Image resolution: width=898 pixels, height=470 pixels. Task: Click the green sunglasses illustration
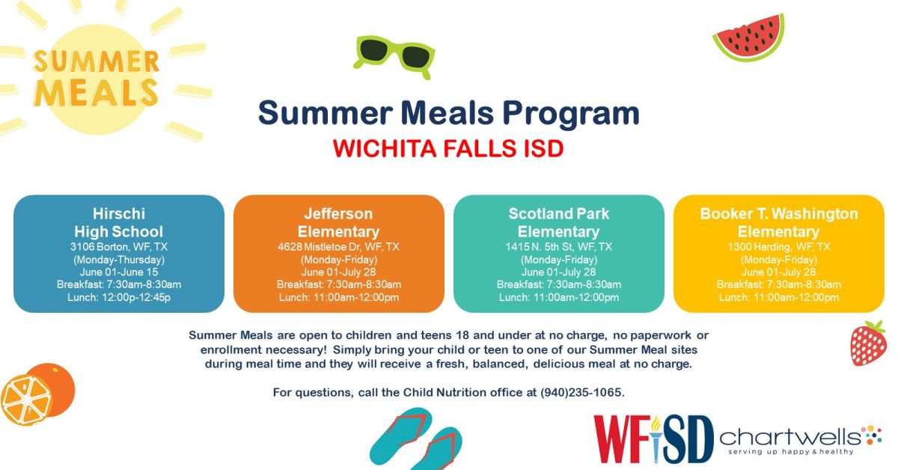click(394, 56)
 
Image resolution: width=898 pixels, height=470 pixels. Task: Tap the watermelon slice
click(748, 37)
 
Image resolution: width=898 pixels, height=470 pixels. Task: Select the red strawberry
click(868, 344)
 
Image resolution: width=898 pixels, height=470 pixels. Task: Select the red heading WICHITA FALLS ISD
click(448, 147)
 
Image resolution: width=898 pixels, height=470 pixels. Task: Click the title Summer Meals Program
click(448, 113)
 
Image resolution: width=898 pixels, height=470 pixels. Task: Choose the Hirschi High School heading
click(118, 222)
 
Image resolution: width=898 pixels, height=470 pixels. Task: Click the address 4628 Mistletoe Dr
click(338, 246)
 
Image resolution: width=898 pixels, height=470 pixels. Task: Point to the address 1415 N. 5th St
click(558, 246)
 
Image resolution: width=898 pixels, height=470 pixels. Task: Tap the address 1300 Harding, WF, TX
click(778, 246)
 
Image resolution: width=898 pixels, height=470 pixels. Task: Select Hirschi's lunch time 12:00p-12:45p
click(118, 297)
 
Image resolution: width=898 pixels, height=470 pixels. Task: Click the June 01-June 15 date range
click(118, 272)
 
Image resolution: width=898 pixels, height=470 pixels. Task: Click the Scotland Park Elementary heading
click(558, 222)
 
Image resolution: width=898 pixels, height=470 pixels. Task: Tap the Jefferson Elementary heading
click(338, 222)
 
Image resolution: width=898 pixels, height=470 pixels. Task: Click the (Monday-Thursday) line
click(118, 259)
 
